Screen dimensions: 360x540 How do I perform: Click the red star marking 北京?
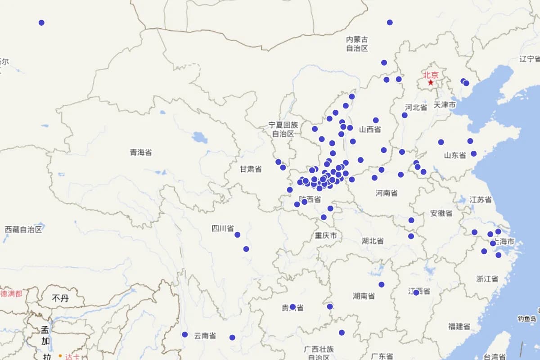click(431, 83)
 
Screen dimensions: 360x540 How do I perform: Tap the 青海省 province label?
click(141, 153)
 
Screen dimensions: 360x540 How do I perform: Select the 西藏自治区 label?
click(23, 229)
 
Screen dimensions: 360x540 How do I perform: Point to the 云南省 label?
click(205, 336)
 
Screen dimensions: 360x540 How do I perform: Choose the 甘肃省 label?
click(251, 169)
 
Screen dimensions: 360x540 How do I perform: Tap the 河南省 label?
click(387, 193)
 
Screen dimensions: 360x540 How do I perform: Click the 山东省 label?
click(455, 155)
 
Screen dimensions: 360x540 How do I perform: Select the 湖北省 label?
click(373, 241)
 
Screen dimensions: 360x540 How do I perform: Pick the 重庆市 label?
click(326, 235)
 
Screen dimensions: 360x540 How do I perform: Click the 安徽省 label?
click(441, 213)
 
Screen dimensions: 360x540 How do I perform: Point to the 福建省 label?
click(459, 326)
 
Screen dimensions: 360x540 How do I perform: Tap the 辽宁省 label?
click(530, 59)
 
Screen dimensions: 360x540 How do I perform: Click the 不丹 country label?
click(60, 298)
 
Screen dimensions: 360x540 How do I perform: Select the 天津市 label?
click(445, 105)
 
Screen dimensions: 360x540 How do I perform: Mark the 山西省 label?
click(370, 130)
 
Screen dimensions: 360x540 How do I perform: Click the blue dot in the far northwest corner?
click(41, 22)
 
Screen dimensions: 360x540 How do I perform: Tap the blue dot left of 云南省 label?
click(184, 334)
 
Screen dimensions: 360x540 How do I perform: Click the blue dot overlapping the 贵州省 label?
click(292, 307)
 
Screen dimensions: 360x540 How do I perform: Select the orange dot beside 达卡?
click(60, 356)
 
